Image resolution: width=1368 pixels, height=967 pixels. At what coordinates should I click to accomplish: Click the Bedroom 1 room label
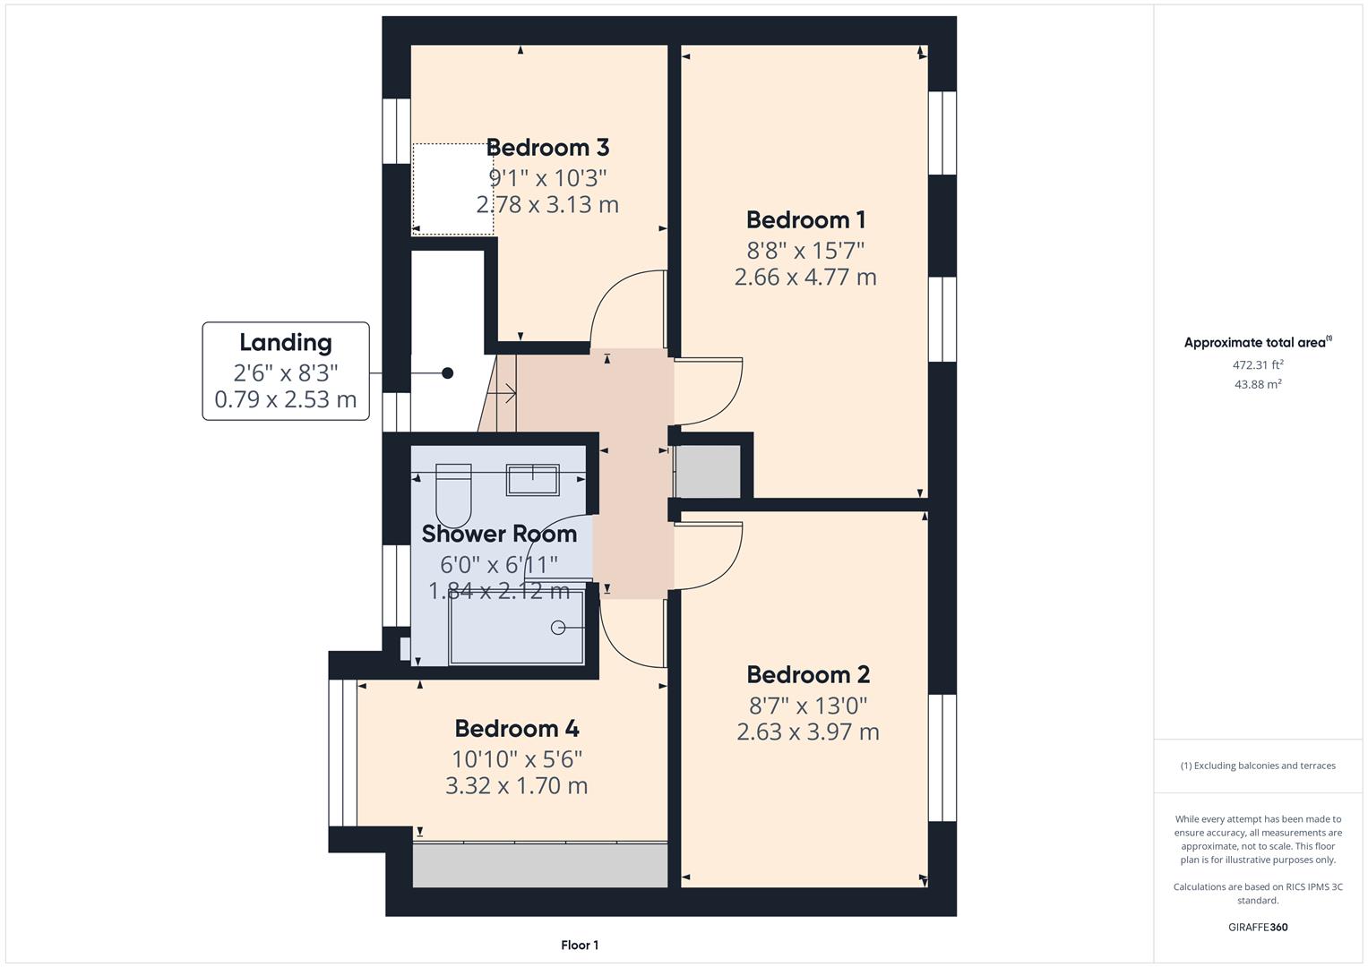click(804, 219)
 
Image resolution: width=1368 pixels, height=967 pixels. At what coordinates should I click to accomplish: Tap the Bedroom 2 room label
click(807, 674)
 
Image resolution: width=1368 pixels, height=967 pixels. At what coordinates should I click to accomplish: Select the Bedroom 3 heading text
click(547, 147)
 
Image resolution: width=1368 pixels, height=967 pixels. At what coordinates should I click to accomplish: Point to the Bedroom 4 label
click(516, 729)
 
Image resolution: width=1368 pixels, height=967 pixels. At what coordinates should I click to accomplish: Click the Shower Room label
click(499, 534)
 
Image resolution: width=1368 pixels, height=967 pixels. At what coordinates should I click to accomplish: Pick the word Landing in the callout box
click(285, 342)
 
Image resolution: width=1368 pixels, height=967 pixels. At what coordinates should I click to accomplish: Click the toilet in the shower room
click(453, 495)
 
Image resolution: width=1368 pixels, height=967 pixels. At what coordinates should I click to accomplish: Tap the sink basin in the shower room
click(532, 480)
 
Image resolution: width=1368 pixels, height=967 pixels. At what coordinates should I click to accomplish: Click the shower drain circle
click(559, 628)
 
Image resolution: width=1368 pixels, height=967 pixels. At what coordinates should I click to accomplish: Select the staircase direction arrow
click(505, 392)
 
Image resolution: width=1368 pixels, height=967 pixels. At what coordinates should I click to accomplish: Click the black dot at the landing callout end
click(447, 373)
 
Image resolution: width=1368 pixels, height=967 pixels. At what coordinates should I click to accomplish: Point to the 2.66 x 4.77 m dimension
click(804, 278)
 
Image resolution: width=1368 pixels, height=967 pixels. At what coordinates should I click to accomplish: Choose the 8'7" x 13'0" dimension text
click(807, 705)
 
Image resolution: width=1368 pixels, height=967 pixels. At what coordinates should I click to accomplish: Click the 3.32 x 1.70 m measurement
click(516, 786)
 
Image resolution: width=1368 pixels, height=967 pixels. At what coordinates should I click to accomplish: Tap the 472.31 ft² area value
click(1257, 365)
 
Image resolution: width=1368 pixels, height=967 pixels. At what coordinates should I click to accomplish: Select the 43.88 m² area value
click(1257, 384)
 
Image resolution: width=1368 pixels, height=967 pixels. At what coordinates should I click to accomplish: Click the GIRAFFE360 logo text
click(1257, 927)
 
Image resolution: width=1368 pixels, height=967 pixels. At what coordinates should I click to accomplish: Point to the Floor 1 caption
click(579, 945)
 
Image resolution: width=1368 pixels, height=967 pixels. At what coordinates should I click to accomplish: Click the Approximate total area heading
click(1257, 342)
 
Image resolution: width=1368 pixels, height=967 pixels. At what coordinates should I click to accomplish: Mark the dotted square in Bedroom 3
click(452, 189)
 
